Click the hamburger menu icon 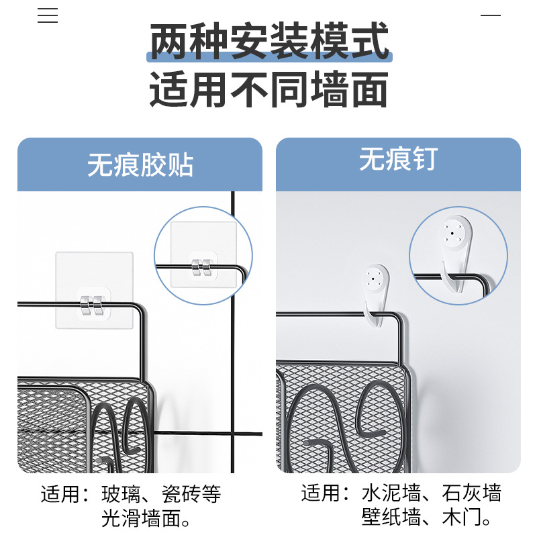click(48, 15)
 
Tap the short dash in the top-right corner click(491, 15)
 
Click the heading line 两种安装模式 click(268, 42)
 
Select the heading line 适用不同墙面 click(268, 91)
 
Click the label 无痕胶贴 click(140, 164)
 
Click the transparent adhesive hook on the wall click(94, 290)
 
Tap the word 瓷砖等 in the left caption click(191, 495)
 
